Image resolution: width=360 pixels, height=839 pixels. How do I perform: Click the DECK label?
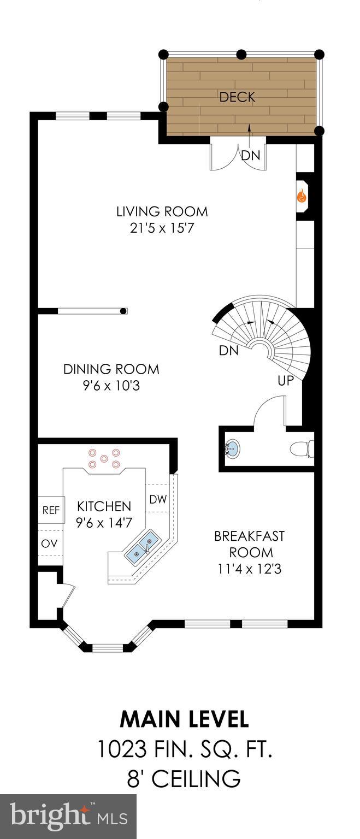(x=237, y=97)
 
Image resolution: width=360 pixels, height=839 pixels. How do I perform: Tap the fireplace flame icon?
(x=301, y=197)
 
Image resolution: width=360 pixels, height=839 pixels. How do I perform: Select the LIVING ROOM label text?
(x=162, y=211)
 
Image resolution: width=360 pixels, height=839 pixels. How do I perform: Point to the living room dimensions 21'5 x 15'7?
(x=162, y=228)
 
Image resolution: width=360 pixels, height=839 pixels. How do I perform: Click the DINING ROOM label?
(x=111, y=369)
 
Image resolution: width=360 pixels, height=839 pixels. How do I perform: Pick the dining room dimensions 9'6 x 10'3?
(x=111, y=386)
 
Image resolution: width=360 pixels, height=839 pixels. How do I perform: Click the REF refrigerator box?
(x=51, y=510)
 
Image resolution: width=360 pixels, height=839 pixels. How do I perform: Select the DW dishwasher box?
(x=158, y=499)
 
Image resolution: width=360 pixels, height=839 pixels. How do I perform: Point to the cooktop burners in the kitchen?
(x=104, y=459)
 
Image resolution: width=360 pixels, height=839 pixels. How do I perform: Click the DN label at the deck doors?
(x=251, y=155)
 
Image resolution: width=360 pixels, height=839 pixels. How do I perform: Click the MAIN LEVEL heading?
(x=184, y=719)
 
